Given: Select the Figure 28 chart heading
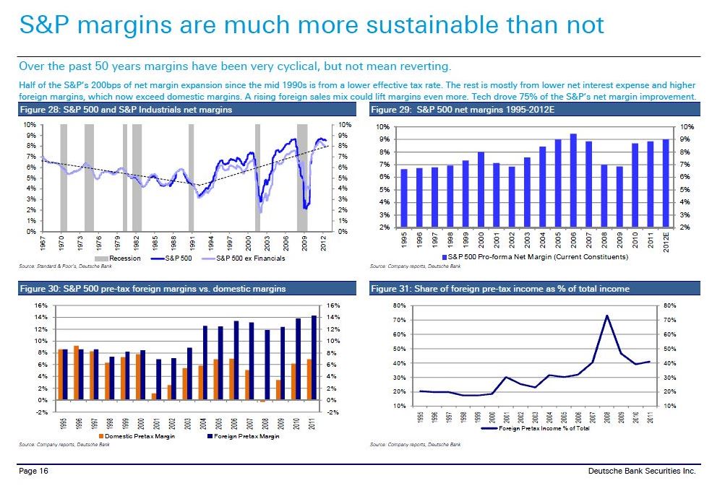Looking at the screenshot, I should point(125,110).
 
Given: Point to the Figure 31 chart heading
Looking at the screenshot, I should point(499,289).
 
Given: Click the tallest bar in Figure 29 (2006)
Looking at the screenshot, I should point(573,181).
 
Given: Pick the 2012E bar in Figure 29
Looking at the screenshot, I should point(666,183).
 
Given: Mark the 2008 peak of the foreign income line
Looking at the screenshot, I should point(607,316).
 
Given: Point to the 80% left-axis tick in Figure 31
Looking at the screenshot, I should point(398,306).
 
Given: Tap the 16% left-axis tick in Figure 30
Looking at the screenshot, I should point(41,305).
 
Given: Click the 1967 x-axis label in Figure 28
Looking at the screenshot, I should point(43,242).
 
